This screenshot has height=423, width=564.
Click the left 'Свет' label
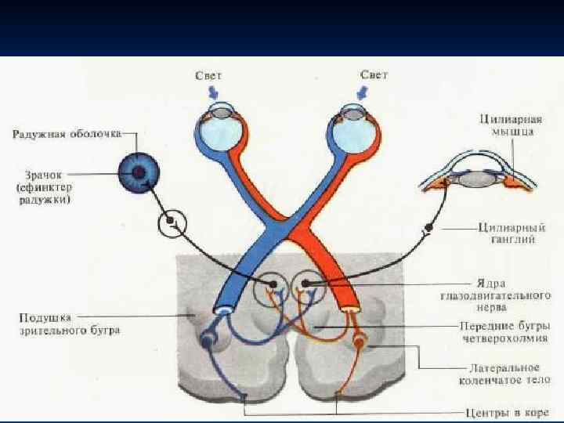[x=209, y=75]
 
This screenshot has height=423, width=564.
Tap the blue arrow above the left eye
[x=212, y=92]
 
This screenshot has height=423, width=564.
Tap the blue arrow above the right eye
[x=362, y=92]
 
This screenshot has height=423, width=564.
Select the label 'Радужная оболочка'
[x=66, y=134]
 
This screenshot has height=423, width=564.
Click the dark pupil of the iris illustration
[x=139, y=172]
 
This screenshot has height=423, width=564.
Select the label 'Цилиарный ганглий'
[x=507, y=233]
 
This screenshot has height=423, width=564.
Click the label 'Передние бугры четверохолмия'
[x=504, y=331]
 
